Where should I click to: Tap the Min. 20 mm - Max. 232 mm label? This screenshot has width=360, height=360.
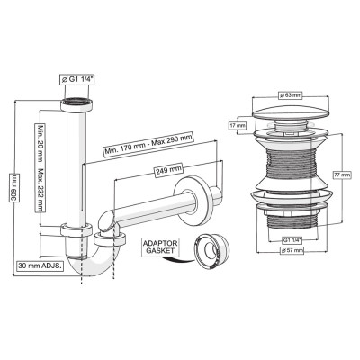pyautogui.click(x=40, y=167)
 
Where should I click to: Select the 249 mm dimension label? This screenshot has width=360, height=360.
pyautogui.click(x=169, y=171)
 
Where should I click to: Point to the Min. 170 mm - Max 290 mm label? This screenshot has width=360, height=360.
pyautogui.click(x=148, y=144)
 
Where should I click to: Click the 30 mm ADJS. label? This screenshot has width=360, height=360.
pyautogui.click(x=40, y=265)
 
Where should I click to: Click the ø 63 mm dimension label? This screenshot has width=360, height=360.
pyautogui.click(x=291, y=95)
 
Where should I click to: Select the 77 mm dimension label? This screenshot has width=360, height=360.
pyautogui.click(x=343, y=175)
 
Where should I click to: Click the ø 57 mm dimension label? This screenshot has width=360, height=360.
pyautogui.click(x=292, y=250)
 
